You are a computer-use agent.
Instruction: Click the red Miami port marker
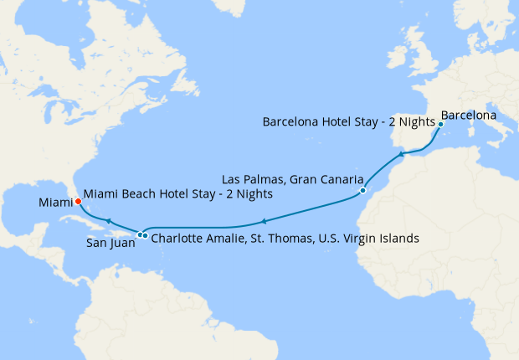click(77, 201)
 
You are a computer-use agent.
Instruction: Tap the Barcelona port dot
click(440, 125)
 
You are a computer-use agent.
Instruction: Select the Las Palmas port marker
click(362, 191)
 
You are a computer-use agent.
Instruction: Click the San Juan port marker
click(140, 234)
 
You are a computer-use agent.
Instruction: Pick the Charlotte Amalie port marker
click(146, 235)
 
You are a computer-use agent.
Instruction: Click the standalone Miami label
click(54, 203)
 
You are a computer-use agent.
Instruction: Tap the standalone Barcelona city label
click(469, 114)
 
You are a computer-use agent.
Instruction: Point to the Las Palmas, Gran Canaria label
click(292, 180)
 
